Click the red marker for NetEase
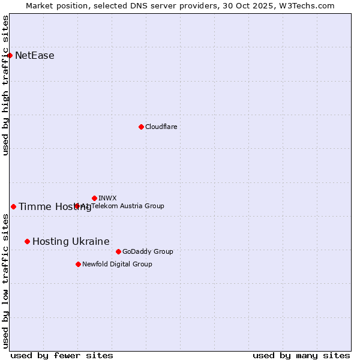tap(10, 55)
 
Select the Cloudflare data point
tap(141, 127)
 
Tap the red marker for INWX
tap(94, 198)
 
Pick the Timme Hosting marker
tap(13, 206)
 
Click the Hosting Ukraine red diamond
tap(27, 241)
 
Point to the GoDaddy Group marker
tap(118, 251)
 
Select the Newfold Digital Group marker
tap(78, 264)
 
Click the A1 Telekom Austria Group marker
tap(77, 206)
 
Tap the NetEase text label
tap(35, 56)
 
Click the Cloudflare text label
tap(161, 127)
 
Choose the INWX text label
tap(107, 198)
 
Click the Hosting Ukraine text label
tap(71, 242)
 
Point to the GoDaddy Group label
tap(148, 251)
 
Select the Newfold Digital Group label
tap(117, 264)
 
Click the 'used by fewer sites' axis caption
tap(62, 355)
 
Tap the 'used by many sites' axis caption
tap(301, 355)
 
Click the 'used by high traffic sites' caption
tap(5, 85)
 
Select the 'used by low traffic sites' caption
tap(5, 282)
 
